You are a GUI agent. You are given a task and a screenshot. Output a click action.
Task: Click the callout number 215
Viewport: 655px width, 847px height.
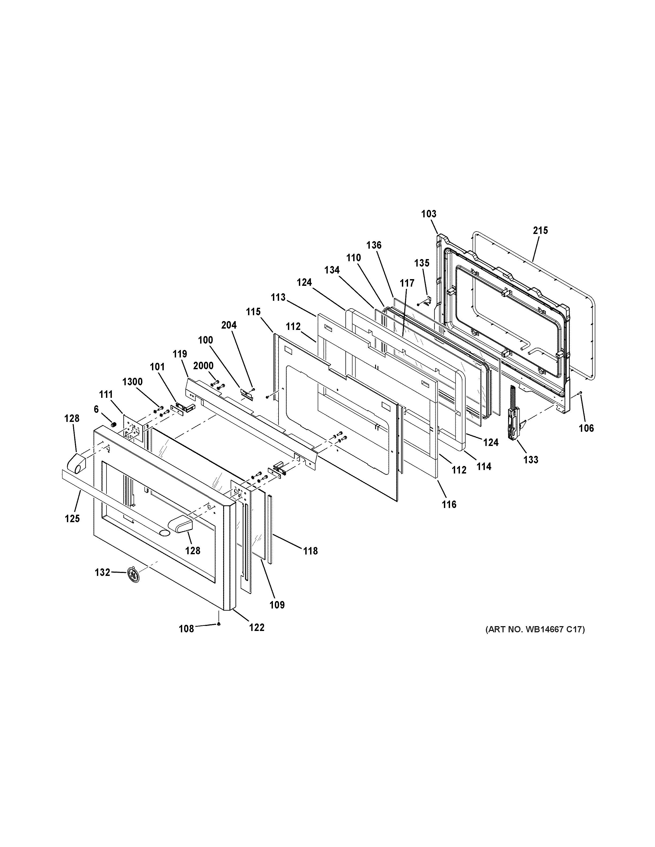[540, 230]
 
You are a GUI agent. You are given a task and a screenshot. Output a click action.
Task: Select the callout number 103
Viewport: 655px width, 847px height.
[429, 214]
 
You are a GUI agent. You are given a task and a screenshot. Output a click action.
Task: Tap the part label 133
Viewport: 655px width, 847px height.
[531, 460]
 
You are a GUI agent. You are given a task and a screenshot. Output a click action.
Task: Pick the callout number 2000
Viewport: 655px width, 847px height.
[203, 366]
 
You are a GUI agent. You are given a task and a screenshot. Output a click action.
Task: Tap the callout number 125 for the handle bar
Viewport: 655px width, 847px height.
[72, 518]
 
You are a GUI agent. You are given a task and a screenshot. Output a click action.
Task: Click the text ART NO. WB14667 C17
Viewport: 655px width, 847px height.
[535, 629]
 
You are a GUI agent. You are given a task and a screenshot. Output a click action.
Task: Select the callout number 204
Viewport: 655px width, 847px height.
[229, 325]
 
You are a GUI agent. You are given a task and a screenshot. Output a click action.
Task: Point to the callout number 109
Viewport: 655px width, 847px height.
[277, 605]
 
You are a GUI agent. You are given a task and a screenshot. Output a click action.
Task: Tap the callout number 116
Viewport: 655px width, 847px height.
[449, 504]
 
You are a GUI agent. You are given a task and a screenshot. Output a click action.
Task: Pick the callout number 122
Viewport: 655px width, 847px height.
[257, 627]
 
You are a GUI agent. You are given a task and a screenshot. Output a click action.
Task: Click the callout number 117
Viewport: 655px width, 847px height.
[407, 283]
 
